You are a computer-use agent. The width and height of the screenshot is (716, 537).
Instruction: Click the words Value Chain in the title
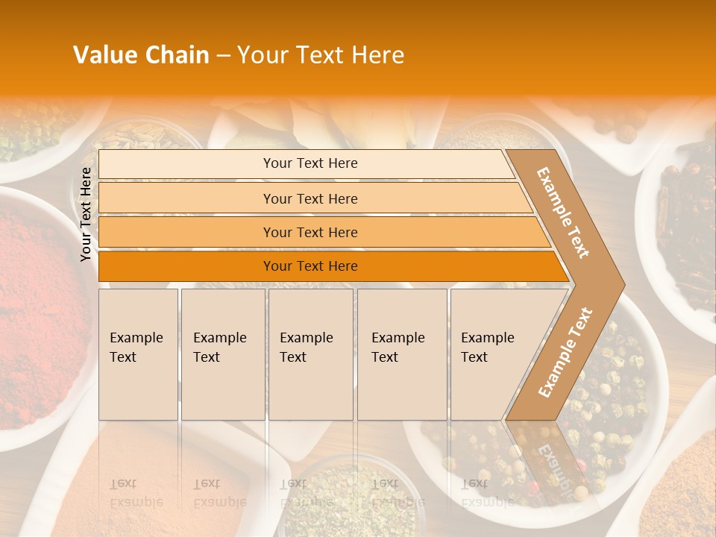(x=141, y=55)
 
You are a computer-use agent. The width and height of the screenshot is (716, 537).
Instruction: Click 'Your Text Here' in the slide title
(x=321, y=55)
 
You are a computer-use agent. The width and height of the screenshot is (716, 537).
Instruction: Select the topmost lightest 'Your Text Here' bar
(x=310, y=163)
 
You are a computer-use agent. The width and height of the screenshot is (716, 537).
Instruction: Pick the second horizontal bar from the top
(x=310, y=198)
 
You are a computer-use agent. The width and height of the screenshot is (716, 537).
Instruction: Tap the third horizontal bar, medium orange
(x=310, y=232)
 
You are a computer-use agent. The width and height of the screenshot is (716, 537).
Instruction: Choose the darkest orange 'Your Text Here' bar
(x=310, y=266)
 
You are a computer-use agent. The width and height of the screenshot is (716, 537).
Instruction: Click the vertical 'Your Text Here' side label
(x=87, y=214)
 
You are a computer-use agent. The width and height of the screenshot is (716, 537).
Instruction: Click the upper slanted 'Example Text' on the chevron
(x=563, y=212)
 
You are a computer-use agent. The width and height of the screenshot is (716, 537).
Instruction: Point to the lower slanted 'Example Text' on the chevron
(x=565, y=352)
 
